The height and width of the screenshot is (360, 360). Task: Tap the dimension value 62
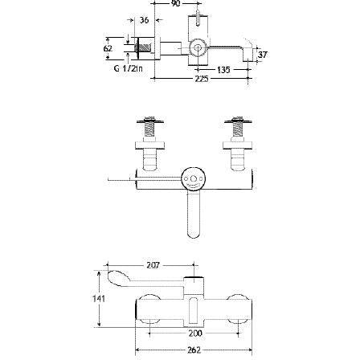pos(108,48)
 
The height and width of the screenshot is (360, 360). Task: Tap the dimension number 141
pos(99,297)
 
